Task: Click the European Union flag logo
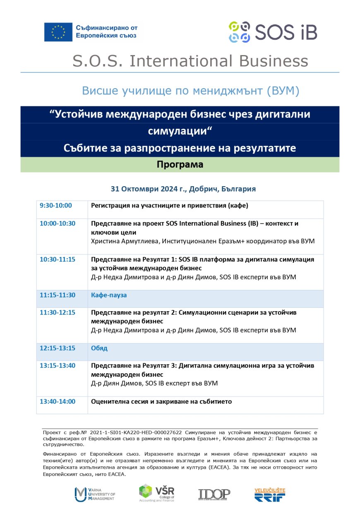coord(58,32)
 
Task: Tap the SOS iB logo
coord(273,32)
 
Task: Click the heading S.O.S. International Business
coord(190,61)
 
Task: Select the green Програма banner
coord(180,165)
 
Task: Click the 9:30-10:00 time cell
coord(56,205)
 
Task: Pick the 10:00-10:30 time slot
coord(58,223)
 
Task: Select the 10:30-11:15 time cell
coord(58,259)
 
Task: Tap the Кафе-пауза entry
coord(109,295)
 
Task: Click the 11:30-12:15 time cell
coord(58,312)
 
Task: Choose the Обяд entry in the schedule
coord(99,348)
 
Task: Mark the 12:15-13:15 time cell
coord(58,348)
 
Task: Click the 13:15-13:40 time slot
coord(58,366)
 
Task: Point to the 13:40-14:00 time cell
coord(58,401)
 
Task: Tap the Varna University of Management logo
coord(95,494)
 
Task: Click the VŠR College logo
coord(157,493)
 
